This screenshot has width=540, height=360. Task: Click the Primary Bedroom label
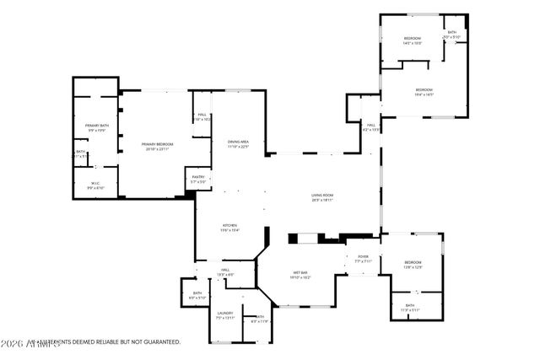pos(157,144)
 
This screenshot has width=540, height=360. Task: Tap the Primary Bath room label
pos(96,126)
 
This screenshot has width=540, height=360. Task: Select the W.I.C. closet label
pos(96,183)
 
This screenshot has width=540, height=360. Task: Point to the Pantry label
pos(198,177)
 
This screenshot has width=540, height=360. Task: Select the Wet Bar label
pos(300,272)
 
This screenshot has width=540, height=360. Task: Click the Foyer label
pos(363,256)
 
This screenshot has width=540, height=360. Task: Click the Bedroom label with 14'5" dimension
pos(413,39)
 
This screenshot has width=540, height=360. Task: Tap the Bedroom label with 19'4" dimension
pos(424,89)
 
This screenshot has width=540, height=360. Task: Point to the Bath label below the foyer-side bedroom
pos(409,305)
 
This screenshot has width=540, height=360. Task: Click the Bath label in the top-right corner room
pos(452,33)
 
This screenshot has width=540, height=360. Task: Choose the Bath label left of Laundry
pos(197,293)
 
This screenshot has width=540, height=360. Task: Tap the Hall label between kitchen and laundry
pos(226,270)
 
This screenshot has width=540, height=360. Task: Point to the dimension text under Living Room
pos(322,200)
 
